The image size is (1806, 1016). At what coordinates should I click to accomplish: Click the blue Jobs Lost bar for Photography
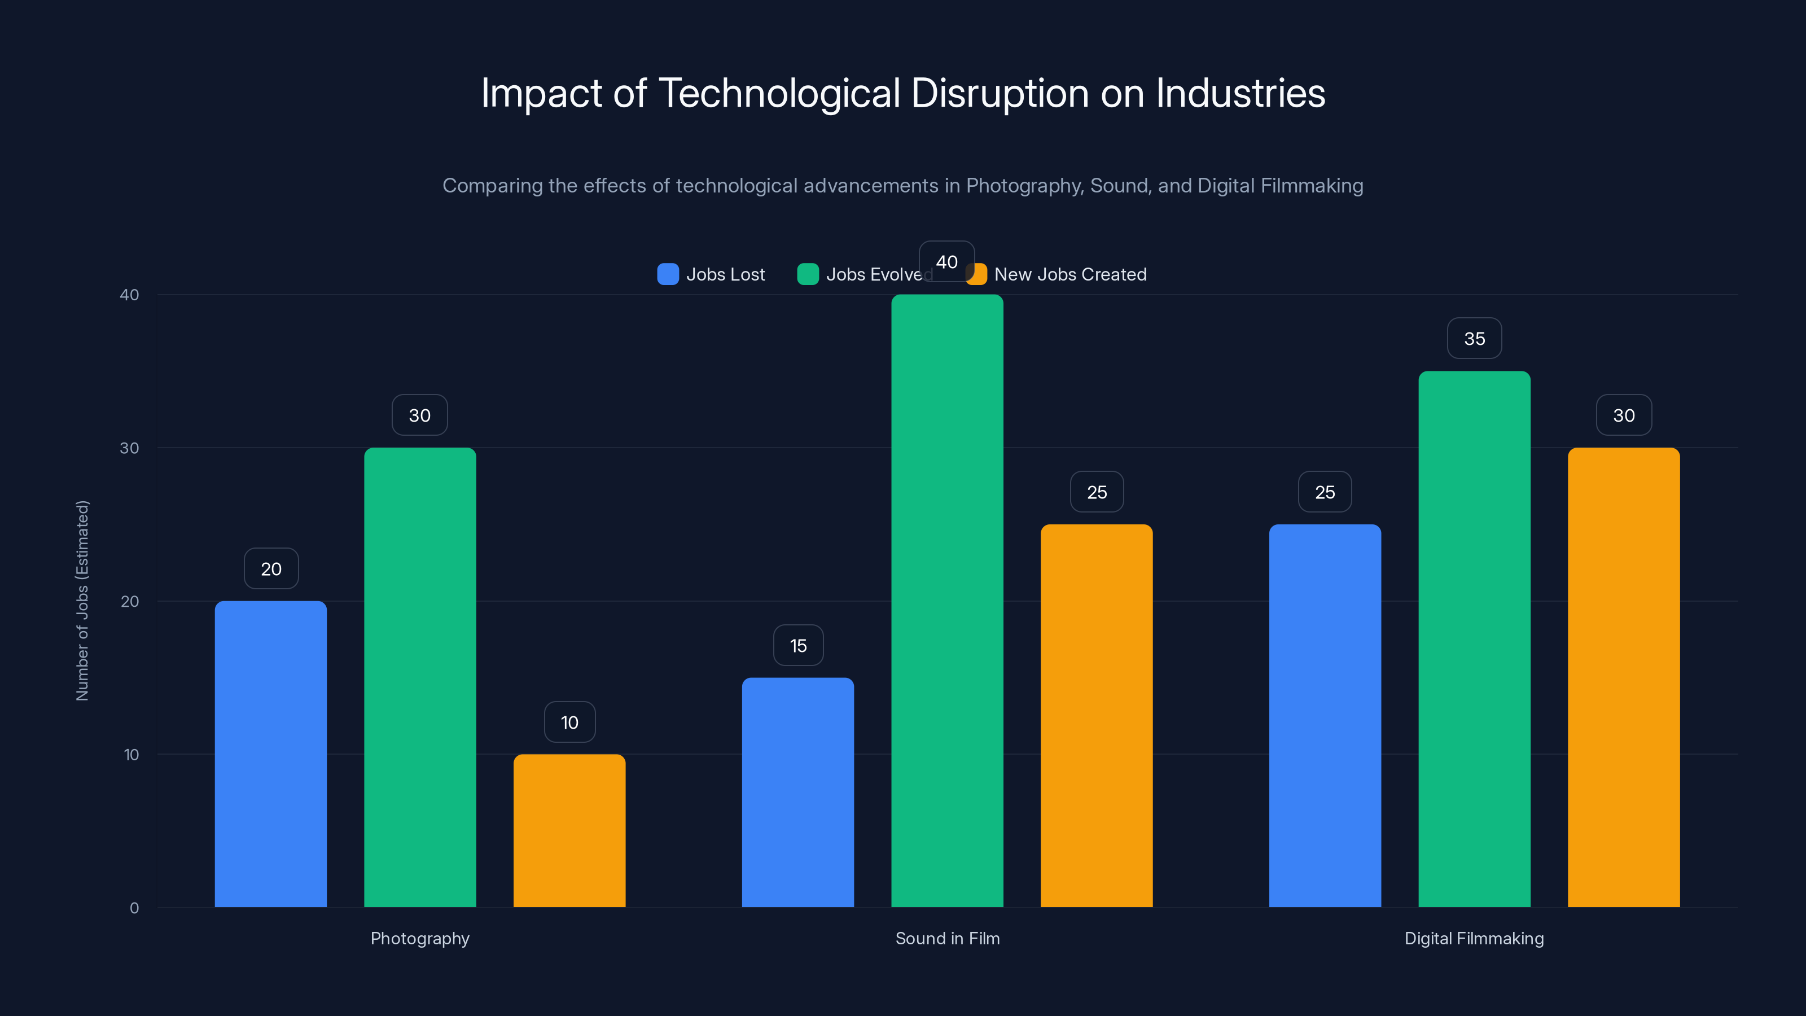coord(271,754)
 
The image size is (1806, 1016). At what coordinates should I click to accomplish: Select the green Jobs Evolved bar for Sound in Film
coord(947,601)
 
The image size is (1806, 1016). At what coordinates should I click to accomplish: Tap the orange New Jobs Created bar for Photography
coord(569,831)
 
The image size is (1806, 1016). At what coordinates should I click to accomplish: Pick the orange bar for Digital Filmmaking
coord(1624,677)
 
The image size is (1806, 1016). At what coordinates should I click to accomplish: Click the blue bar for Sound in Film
coord(798,792)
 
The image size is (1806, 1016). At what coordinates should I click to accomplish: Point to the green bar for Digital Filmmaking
coord(1474,639)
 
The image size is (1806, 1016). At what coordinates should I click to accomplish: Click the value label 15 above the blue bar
coord(798,645)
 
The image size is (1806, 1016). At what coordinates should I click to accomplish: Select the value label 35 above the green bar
coord(1474,339)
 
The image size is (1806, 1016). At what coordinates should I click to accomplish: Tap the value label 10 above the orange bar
coord(569,722)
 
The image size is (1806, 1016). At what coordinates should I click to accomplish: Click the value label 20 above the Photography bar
coord(271,568)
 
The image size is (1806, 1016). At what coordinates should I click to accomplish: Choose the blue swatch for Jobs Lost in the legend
coord(668,274)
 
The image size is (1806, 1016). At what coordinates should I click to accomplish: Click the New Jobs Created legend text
coord(1070,274)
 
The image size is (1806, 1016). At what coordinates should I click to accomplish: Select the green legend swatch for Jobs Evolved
coord(808,274)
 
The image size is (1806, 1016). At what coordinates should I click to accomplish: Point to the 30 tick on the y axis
coord(130,448)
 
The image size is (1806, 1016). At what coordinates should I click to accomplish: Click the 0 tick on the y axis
coord(134,908)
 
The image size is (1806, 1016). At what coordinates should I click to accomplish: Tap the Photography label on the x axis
coord(420,938)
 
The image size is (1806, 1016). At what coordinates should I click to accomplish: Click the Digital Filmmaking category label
coord(1474,938)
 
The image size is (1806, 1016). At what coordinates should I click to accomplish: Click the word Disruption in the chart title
coord(999,93)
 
